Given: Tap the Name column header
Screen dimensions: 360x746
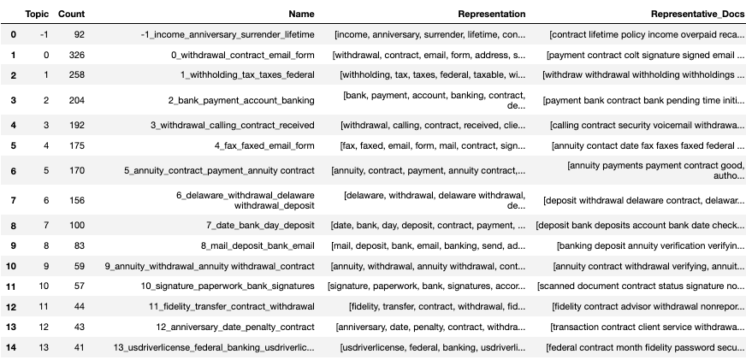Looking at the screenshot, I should tap(301, 15).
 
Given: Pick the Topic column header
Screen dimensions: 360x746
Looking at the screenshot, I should tap(37, 15).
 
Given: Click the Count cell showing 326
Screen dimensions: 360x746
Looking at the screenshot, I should tap(75, 55).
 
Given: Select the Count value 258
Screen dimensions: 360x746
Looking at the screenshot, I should tap(75, 75).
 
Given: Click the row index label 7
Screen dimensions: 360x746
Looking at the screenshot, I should tap(12, 200).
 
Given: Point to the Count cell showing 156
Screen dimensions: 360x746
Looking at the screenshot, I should tap(75, 200).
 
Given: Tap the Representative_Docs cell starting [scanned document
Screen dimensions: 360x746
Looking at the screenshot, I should tap(642, 286).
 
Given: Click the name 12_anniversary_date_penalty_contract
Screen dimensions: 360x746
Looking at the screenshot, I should tap(235, 327).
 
